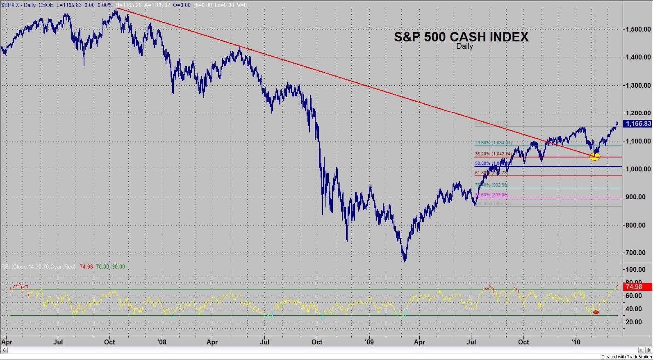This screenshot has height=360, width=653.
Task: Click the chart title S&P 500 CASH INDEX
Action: [x=461, y=37]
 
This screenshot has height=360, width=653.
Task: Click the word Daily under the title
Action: [x=464, y=46]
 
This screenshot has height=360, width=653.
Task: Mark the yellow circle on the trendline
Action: [x=594, y=156]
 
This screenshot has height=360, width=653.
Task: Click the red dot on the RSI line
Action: [x=596, y=312]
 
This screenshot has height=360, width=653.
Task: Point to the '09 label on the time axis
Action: [x=369, y=342]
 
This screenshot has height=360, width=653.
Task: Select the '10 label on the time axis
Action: [x=576, y=342]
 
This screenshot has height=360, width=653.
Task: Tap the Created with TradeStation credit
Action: [x=626, y=357]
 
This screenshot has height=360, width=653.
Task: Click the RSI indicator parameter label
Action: [x=39, y=267]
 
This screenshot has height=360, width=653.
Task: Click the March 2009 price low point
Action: [x=405, y=260]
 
